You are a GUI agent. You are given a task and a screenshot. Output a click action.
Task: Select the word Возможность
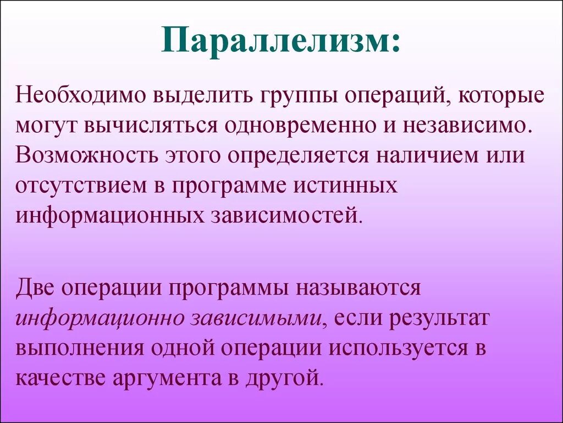point(86,155)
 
